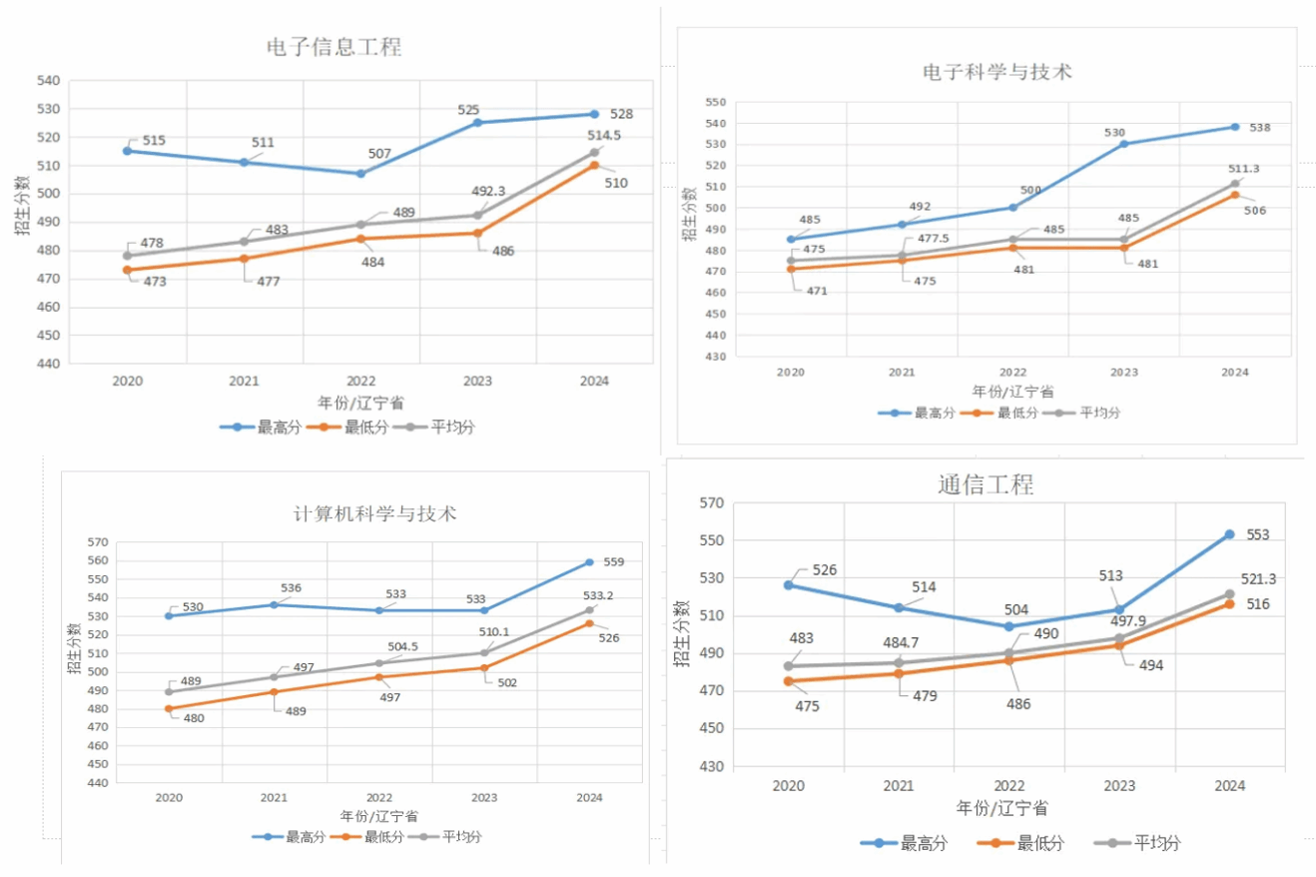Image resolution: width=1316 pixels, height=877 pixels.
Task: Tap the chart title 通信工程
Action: pos(985,485)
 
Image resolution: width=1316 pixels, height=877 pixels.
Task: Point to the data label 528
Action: pos(621,114)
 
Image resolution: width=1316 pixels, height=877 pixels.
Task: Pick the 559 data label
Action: pos(614,561)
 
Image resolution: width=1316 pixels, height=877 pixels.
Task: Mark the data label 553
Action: pos(1257,535)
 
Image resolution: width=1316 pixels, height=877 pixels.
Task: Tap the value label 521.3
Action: pos(1258,578)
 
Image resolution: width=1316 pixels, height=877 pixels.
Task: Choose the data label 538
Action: pos(1260,127)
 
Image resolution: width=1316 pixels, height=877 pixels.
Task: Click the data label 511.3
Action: pos(1243,169)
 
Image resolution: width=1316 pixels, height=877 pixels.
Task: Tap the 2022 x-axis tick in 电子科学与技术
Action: pos(1012,372)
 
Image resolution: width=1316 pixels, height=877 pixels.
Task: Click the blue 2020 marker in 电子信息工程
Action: pos(127,151)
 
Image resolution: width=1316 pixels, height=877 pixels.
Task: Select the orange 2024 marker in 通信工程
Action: pos(1229,603)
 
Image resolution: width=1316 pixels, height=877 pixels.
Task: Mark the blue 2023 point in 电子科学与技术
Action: pos(1123,144)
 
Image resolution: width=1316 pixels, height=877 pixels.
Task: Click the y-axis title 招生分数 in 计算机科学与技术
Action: pos(74,648)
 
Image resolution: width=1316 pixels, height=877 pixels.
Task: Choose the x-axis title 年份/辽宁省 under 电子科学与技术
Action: pos(1012,392)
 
